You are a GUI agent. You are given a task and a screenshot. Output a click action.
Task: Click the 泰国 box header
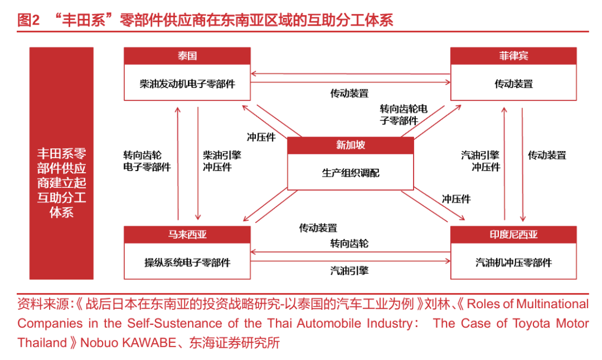187,56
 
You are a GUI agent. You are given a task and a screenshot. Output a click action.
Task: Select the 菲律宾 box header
513,56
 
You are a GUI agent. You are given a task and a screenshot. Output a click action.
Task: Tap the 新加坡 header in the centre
351,145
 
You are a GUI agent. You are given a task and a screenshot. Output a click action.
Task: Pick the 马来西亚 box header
187,234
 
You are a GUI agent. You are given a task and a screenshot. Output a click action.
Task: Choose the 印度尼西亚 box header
513,234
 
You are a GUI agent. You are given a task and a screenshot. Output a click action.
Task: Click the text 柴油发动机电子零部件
187,84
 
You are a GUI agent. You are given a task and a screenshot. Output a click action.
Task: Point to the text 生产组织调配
351,173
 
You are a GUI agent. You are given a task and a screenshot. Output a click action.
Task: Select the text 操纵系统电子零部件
187,262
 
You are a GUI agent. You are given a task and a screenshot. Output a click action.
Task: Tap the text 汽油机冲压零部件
513,262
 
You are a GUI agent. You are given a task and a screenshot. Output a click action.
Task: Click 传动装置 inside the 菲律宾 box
513,84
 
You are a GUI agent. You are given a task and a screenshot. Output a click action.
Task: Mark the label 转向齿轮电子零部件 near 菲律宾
403,115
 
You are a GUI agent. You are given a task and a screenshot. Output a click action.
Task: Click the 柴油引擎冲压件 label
222,161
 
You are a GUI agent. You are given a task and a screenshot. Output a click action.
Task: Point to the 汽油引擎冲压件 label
480,161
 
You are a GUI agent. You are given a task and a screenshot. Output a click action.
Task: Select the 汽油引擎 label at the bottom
349,271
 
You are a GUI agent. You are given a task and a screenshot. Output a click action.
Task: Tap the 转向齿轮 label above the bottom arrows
349,244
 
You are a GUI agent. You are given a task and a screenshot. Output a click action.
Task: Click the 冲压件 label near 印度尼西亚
456,199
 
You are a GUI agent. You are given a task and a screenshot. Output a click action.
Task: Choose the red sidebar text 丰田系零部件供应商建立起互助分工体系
61,183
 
